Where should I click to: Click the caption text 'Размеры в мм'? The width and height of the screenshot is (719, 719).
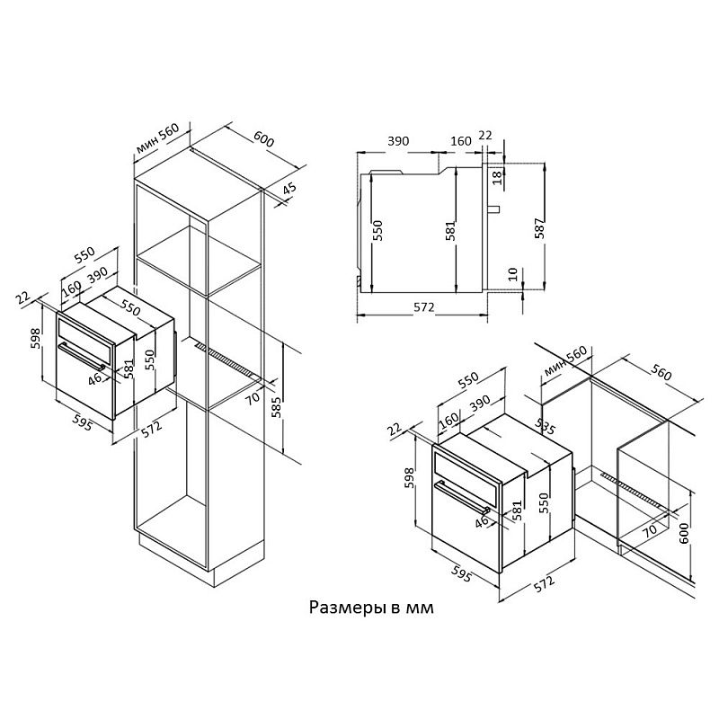point(371,608)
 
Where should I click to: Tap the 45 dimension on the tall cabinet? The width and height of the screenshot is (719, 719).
point(288,190)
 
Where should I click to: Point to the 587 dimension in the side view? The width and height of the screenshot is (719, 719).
point(540,228)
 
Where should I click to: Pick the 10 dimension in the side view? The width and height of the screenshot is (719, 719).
point(512,274)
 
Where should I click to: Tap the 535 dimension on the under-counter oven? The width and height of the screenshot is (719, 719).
point(546,426)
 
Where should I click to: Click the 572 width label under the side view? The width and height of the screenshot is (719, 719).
point(423,306)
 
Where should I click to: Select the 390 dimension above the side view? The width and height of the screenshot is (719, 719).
point(398,141)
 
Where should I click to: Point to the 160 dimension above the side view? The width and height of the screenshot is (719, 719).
point(461,141)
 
